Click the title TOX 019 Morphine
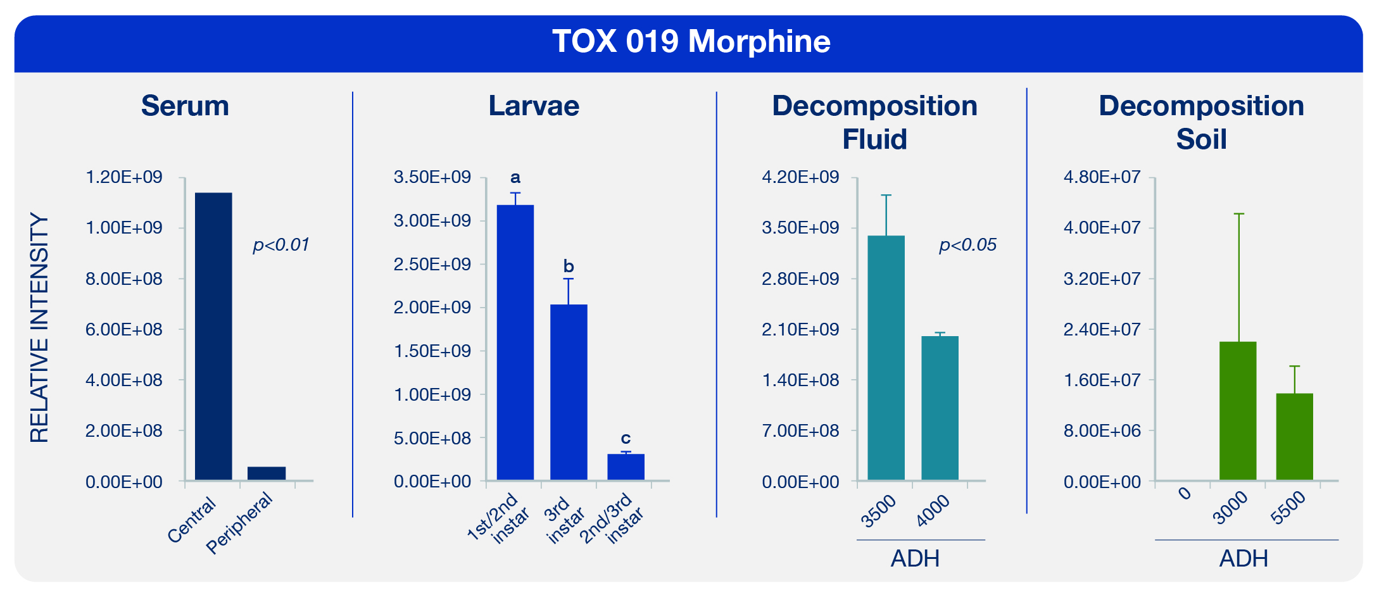click(x=691, y=42)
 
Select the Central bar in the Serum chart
click(x=213, y=335)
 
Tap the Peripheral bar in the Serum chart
click(x=267, y=473)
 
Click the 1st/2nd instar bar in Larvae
click(x=515, y=342)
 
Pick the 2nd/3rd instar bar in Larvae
click(x=626, y=467)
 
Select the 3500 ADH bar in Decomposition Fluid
click(x=886, y=358)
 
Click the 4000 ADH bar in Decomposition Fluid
click(x=940, y=408)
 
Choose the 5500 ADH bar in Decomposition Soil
click(x=1294, y=436)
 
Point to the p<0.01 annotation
click(x=281, y=245)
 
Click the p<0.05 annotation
click(x=967, y=245)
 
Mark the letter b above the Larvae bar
click(x=569, y=267)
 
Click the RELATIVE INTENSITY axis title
click(x=39, y=328)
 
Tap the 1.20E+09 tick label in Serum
click(x=124, y=177)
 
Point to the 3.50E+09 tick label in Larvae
click(x=432, y=177)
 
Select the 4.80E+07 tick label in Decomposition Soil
click(x=1102, y=177)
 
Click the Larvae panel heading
click(x=534, y=106)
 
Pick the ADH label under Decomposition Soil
click(x=1244, y=558)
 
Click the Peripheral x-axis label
click(x=239, y=523)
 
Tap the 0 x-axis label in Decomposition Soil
click(x=1185, y=493)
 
